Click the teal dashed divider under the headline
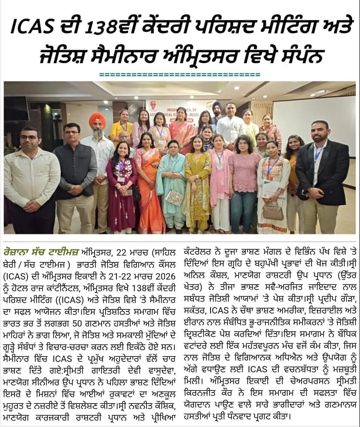(180, 75)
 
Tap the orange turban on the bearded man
(97, 119)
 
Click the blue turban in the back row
(217, 105)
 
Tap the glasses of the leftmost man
(29, 138)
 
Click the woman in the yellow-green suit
(197, 183)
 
